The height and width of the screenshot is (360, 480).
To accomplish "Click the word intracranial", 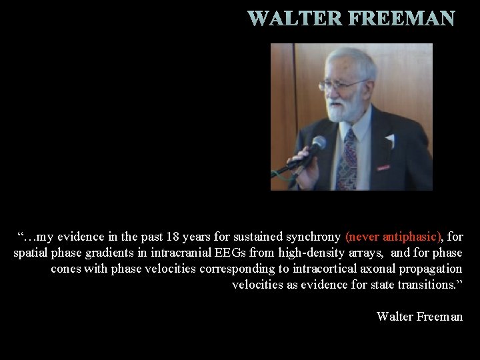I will (x=181, y=253).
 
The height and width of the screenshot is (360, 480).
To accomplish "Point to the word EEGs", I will (x=229, y=253).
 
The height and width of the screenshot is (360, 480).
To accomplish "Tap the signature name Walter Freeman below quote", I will (x=419, y=316).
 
